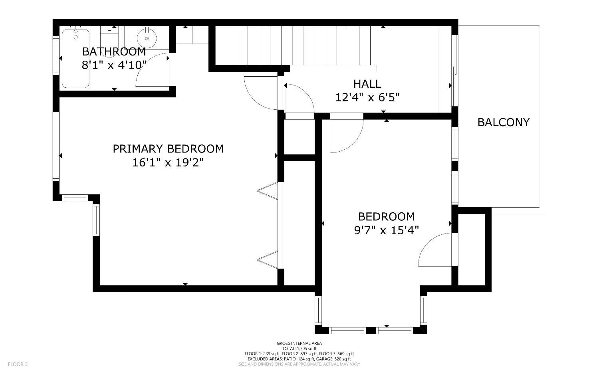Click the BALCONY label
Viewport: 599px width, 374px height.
503,122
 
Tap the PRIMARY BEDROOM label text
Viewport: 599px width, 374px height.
168,149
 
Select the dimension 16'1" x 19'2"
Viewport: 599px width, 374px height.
168,162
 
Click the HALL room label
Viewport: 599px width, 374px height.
367,84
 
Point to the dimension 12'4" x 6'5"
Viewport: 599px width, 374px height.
367,97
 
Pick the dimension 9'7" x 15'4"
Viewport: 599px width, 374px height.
386,230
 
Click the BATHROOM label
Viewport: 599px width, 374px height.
114,51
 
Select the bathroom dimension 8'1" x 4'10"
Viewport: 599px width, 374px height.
114,65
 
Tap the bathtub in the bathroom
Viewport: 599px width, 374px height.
75,58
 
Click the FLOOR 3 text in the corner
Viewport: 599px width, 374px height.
18,364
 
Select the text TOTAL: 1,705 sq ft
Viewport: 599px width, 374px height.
299,348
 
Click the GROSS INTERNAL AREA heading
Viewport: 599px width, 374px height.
299,343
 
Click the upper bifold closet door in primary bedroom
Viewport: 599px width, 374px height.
268,190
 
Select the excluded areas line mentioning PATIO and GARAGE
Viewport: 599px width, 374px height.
299,359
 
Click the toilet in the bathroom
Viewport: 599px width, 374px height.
109,34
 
